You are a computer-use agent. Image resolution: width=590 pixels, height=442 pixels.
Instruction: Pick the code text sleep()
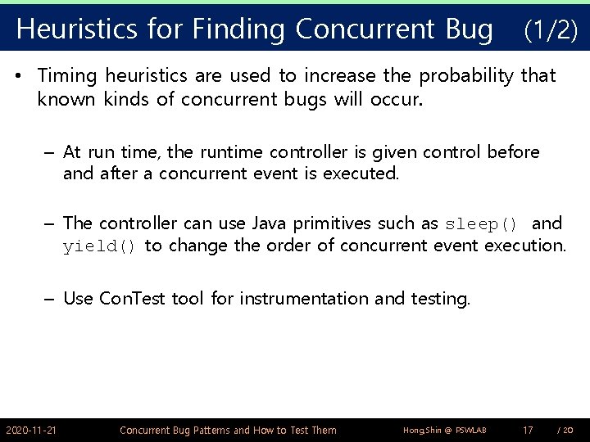click(481, 223)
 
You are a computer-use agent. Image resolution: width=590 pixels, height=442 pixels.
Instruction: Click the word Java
click(270, 223)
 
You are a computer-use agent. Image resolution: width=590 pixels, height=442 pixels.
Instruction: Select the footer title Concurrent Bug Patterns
click(227, 430)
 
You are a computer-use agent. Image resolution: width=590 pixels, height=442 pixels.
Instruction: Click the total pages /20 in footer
click(565, 430)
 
